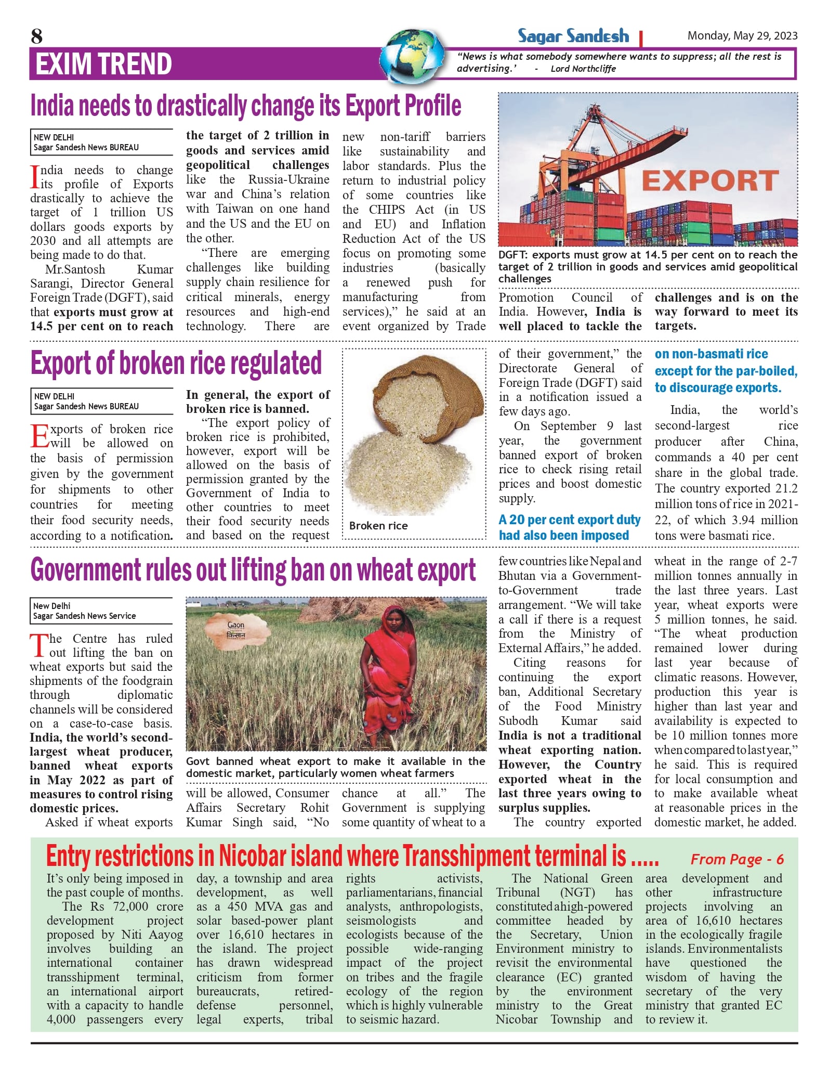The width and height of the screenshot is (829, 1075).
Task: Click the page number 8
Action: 36,36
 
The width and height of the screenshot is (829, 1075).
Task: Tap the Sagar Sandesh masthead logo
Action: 573,36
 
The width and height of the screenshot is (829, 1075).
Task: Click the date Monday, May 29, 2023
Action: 742,36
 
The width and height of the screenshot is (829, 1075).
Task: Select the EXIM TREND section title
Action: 103,64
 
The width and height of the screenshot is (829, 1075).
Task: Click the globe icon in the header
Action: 412,57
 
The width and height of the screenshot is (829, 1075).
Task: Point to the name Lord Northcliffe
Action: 583,69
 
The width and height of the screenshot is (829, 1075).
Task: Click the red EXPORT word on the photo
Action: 710,181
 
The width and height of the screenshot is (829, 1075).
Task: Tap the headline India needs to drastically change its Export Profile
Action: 246,106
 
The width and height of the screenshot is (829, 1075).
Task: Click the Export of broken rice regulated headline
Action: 176,363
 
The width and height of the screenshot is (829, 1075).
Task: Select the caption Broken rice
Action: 378,526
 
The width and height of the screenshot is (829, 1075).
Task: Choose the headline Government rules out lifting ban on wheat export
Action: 253,570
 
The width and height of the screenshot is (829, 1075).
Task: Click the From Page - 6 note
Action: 736,859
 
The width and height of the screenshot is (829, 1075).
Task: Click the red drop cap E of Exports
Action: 40,436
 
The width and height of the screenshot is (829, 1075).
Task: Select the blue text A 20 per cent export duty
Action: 570,520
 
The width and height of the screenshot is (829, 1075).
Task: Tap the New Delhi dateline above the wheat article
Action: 52,606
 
